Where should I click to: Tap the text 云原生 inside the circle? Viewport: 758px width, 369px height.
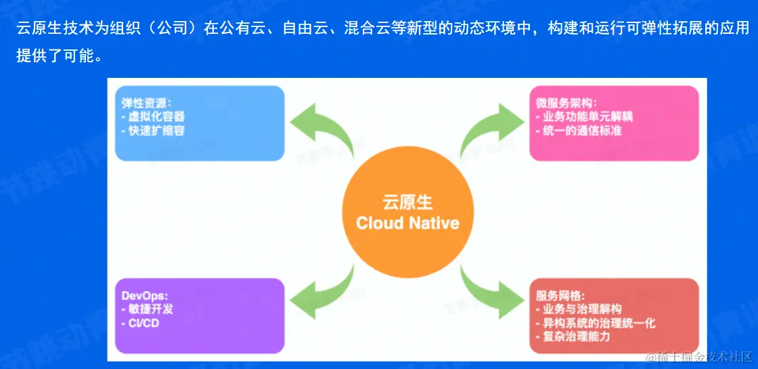[x=407, y=202]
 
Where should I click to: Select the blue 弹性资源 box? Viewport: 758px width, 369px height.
[x=200, y=123]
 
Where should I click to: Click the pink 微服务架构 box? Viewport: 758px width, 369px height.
[x=614, y=123]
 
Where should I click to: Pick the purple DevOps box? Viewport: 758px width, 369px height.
[x=200, y=315]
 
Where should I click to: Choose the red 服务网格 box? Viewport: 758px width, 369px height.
[x=614, y=315]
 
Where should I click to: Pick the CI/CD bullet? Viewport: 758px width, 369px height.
[x=143, y=323]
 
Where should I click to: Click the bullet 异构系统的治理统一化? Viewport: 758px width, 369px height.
[x=596, y=323]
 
